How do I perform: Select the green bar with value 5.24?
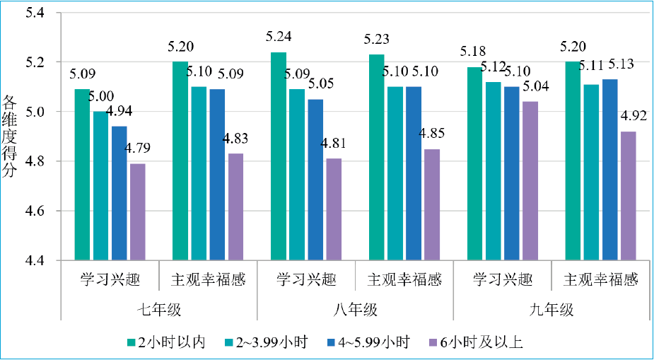279,156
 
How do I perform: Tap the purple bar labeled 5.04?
530,180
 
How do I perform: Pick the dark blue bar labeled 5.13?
609,170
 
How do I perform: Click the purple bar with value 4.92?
628,196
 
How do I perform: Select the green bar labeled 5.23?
377,157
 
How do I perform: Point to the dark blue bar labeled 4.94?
119,193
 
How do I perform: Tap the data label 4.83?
233,139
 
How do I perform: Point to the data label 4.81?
332,144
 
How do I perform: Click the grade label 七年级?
158,310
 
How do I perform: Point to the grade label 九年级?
551,310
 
